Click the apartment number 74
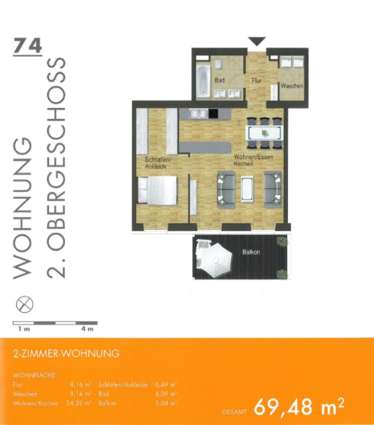[27, 46]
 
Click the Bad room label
[220, 80]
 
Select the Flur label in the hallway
[257, 81]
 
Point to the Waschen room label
[291, 86]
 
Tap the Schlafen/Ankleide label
[158, 162]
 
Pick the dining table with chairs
[265, 132]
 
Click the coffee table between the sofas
[249, 188]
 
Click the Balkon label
[251, 252]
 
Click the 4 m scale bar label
[87, 329]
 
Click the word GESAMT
[235, 411]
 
